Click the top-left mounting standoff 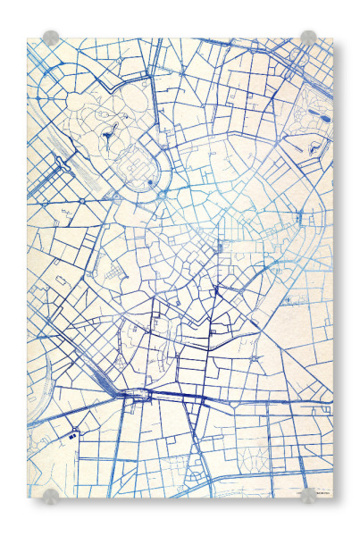point(51,38)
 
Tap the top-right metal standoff point(308,38)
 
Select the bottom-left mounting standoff point(51,496)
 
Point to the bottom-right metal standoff point(308,496)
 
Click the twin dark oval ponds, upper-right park point(324,116)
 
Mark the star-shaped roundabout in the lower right point(256,361)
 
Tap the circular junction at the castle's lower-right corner point(163,194)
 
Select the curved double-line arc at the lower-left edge point(40,447)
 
